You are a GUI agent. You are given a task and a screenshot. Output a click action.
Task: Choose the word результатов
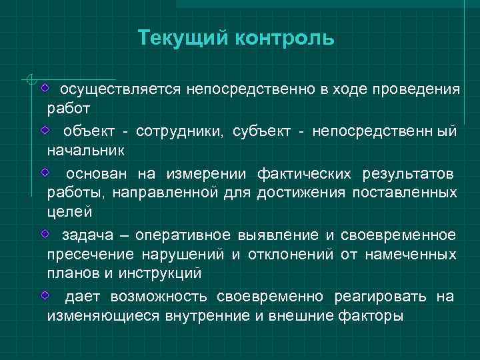[x=409, y=174]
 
